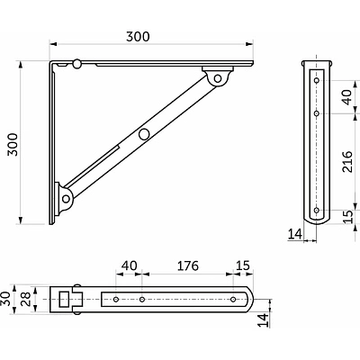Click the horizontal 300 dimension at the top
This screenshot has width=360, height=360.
pos(138,37)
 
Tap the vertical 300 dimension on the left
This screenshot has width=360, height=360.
pos(13,144)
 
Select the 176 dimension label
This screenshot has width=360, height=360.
pos(188,265)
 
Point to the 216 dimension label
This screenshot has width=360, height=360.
pos(347,161)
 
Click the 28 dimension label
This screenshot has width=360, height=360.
pos(26,299)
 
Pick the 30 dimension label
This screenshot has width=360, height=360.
pos(5,299)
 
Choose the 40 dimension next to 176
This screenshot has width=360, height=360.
pos(130,265)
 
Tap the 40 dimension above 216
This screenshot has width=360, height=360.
pos(347,97)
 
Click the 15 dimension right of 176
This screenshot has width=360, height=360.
pos(243,265)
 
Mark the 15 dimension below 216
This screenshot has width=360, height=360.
pos(347,217)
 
